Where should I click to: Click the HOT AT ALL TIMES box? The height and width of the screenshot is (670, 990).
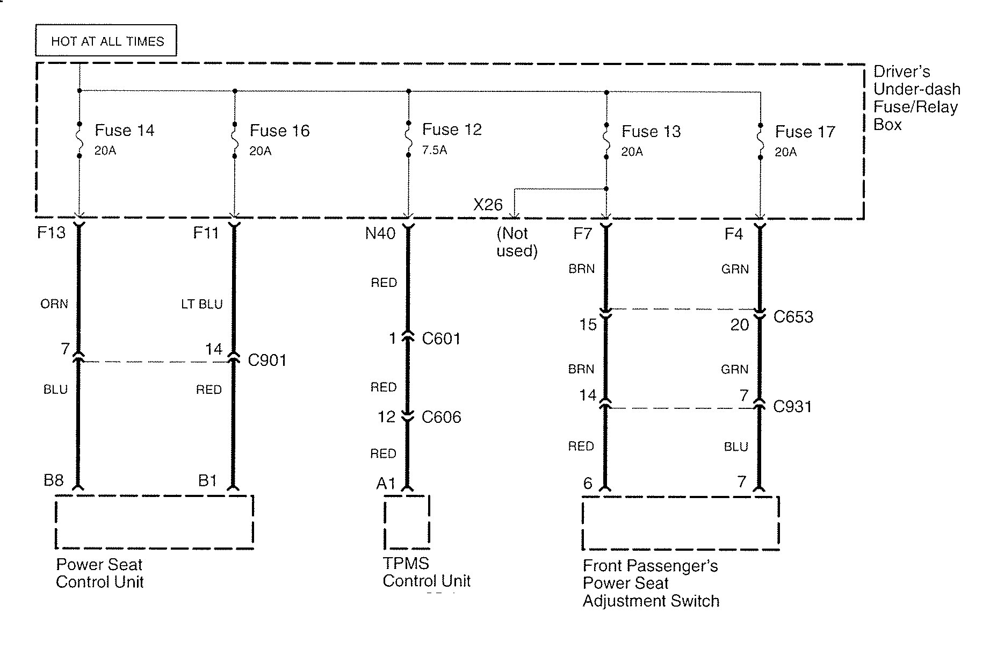tap(106, 41)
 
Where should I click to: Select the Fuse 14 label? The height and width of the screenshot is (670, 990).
tap(124, 131)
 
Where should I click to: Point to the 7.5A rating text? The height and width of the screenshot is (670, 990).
tap(434, 150)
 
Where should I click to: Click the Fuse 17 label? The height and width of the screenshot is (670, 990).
tap(805, 132)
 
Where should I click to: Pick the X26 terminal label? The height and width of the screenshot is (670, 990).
tap(488, 205)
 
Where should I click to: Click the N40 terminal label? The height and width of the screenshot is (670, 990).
tap(380, 233)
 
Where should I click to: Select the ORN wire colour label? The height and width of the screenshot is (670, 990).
tap(54, 304)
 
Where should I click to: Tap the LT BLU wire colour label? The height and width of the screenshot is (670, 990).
tap(202, 305)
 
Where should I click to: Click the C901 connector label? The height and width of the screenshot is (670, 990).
tap(267, 360)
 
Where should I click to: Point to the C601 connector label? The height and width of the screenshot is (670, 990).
tap(441, 338)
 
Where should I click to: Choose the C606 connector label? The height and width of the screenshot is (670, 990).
tap(441, 417)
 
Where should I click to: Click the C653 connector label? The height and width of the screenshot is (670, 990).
tap(793, 317)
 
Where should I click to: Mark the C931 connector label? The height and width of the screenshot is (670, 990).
tap(792, 407)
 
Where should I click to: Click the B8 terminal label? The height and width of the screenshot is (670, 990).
tap(54, 480)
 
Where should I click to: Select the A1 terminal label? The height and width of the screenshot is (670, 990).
tap(386, 484)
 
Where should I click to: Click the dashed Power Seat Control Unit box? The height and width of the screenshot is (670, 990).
tap(154, 522)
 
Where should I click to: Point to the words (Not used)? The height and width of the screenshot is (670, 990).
tap(517, 242)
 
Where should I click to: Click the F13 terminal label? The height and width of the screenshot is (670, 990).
tap(51, 233)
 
